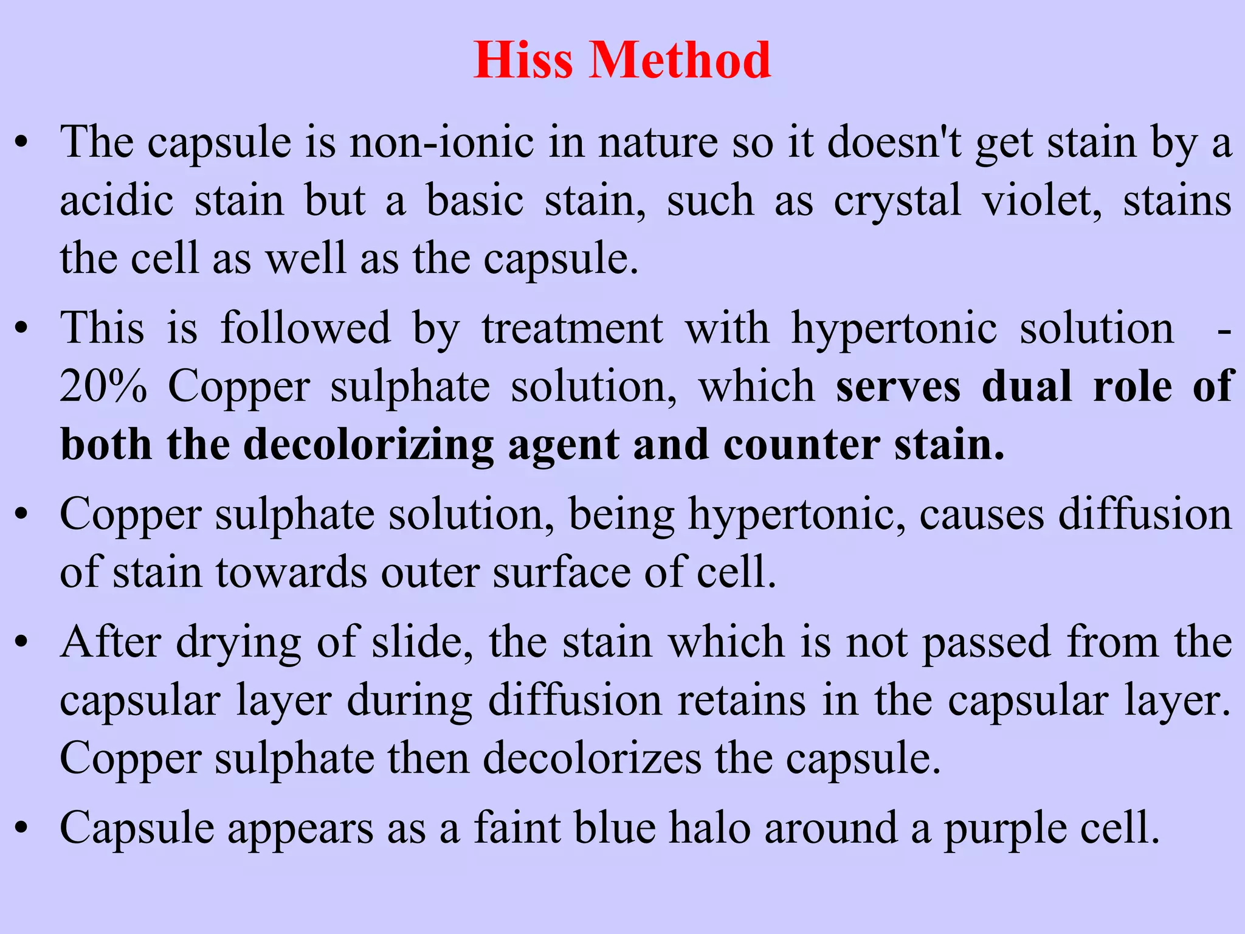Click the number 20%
[x=103, y=386]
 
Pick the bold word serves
[x=898, y=387]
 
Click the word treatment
[x=572, y=329]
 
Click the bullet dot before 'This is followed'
[x=22, y=330]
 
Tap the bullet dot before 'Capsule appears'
[x=22, y=828]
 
